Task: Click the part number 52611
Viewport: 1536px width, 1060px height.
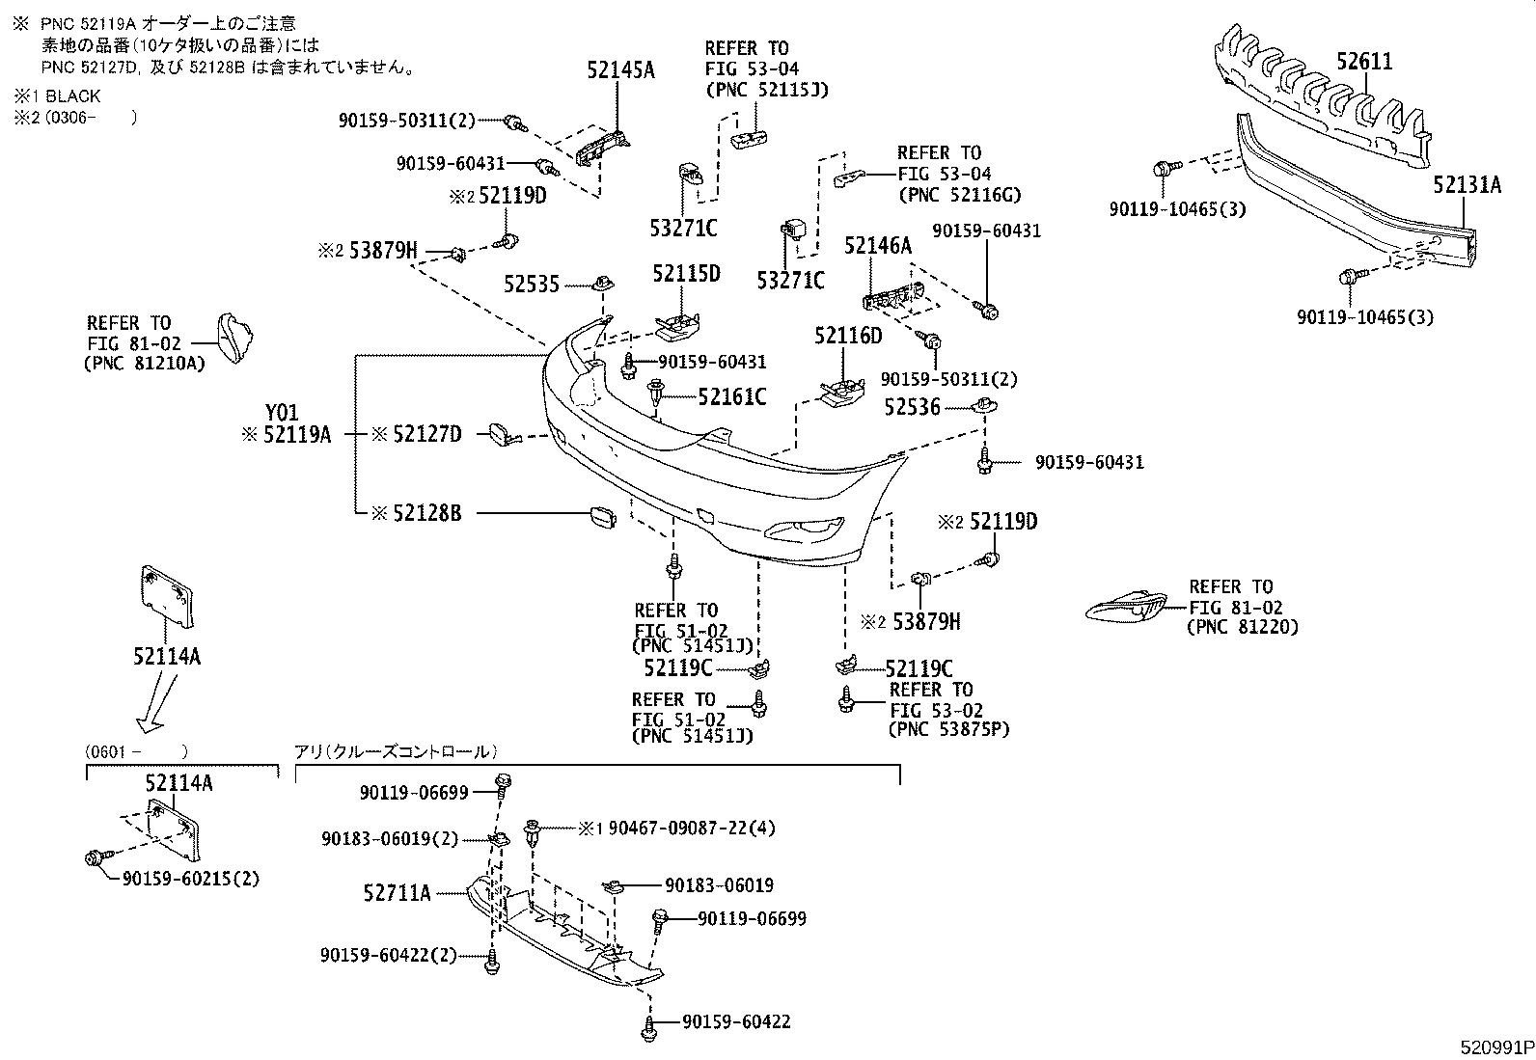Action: (1363, 62)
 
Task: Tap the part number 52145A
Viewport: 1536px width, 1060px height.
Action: (620, 69)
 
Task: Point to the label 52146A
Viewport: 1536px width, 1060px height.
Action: (878, 247)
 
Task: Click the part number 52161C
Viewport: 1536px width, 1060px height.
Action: (731, 396)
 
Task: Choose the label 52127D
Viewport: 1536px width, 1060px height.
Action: (427, 435)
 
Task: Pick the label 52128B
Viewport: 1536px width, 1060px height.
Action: (427, 514)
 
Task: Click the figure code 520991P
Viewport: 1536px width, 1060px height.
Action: (1495, 1047)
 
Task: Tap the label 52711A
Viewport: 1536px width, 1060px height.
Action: (397, 893)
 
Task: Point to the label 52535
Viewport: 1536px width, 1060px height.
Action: (531, 285)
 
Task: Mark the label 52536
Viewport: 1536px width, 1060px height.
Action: (912, 408)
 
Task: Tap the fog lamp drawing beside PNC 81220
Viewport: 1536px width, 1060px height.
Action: (1126, 608)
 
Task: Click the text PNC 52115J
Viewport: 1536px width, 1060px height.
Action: (767, 90)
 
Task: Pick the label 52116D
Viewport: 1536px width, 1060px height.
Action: (847, 336)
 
